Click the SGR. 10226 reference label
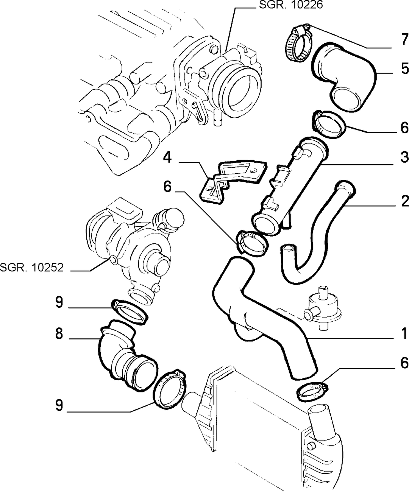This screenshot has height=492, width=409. tap(291, 5)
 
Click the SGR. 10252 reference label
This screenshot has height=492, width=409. tap(32, 268)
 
